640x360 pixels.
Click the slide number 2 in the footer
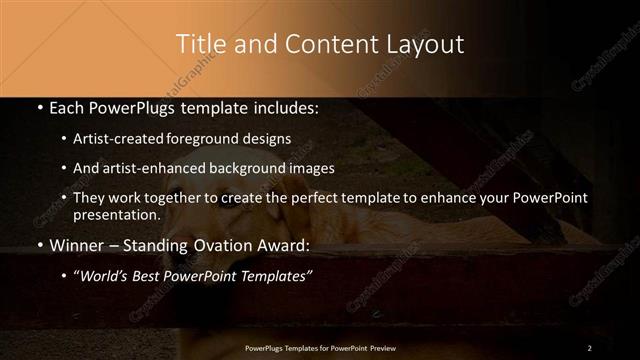[x=589, y=347]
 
